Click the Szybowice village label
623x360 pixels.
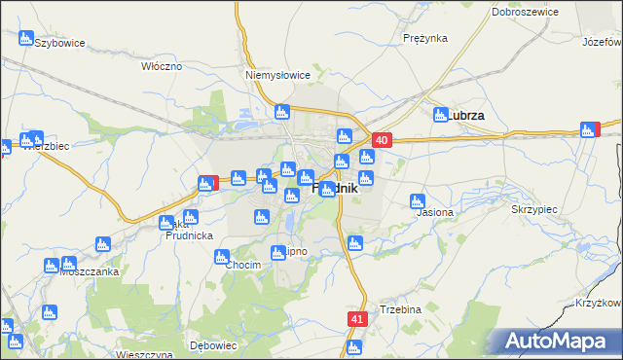coord(60,44)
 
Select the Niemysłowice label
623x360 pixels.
coord(277,74)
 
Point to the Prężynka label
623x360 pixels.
coord(424,38)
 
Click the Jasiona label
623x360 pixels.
coord(434,211)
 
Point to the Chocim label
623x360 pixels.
coord(242,265)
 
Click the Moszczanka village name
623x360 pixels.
coord(89,271)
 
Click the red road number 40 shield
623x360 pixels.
coord(382,141)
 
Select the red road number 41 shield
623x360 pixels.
coord(357,319)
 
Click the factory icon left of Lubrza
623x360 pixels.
coord(440,115)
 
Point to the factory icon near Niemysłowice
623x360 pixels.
coord(281,112)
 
